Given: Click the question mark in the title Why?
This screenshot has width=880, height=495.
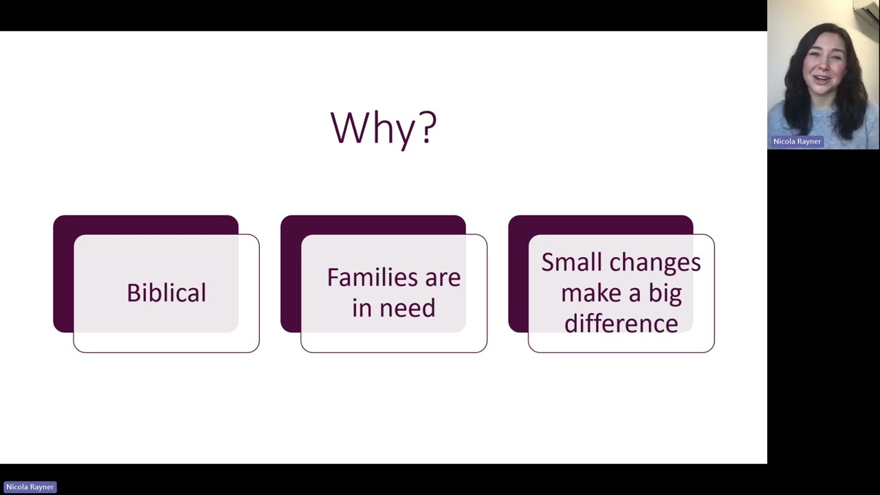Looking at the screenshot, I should [x=428, y=128].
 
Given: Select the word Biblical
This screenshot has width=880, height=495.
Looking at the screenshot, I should [x=166, y=293].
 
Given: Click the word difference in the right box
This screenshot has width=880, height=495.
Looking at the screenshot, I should [x=621, y=324].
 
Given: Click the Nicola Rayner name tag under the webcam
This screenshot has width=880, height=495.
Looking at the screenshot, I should [x=797, y=142].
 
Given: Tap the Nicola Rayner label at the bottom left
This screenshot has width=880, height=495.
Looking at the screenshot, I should [x=30, y=487].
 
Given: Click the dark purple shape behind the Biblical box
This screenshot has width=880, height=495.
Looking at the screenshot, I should [x=63, y=275].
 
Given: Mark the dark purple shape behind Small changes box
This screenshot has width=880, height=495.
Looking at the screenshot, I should [x=518, y=275].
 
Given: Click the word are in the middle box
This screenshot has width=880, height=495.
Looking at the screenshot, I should [x=442, y=278].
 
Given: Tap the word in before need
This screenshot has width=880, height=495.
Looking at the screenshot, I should [x=360, y=309].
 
